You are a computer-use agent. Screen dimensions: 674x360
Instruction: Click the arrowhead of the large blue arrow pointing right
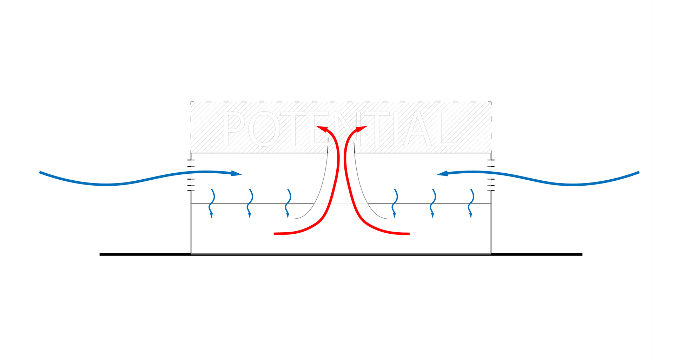click(236, 173)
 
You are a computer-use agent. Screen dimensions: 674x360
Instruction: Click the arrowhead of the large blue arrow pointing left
click(442, 173)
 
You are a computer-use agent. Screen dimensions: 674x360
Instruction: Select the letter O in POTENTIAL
click(264, 129)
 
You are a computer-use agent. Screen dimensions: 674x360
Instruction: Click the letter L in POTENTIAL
click(446, 129)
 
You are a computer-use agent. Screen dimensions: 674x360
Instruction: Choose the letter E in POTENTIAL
click(319, 129)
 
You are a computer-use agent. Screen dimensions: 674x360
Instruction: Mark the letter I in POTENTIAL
click(396, 129)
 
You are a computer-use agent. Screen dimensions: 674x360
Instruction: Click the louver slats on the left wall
click(191, 175)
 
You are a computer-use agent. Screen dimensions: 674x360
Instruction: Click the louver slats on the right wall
click(491, 175)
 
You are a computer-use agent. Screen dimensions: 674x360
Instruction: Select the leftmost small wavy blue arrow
click(211, 204)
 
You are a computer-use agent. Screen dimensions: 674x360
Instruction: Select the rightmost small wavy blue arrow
click(471, 204)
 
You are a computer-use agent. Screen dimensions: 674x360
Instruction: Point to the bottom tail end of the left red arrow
click(275, 234)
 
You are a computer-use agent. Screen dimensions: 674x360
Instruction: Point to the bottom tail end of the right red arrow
click(409, 234)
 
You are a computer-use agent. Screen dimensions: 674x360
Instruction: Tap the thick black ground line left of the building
click(145, 254)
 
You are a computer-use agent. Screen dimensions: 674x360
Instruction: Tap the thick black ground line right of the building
click(537, 254)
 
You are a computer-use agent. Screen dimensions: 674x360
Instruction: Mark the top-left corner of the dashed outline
click(191, 102)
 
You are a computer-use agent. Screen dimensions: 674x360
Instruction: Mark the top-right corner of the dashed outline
click(491, 102)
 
